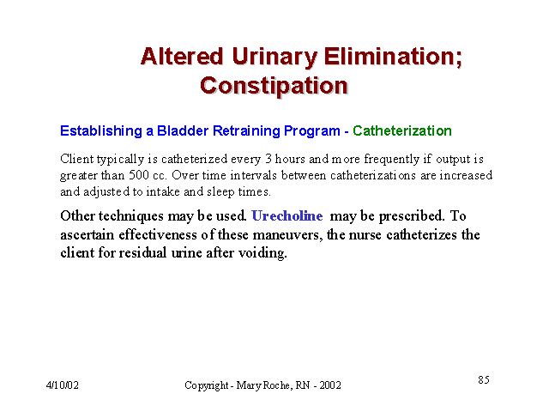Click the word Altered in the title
[182, 57]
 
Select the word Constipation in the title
[274, 86]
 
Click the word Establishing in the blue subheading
[101, 131]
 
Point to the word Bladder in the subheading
[183, 130]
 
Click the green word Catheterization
[402, 130]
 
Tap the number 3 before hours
[268, 159]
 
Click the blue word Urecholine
[287, 215]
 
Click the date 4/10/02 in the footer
[63, 385]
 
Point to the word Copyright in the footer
[207, 385]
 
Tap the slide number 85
[484, 379]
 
